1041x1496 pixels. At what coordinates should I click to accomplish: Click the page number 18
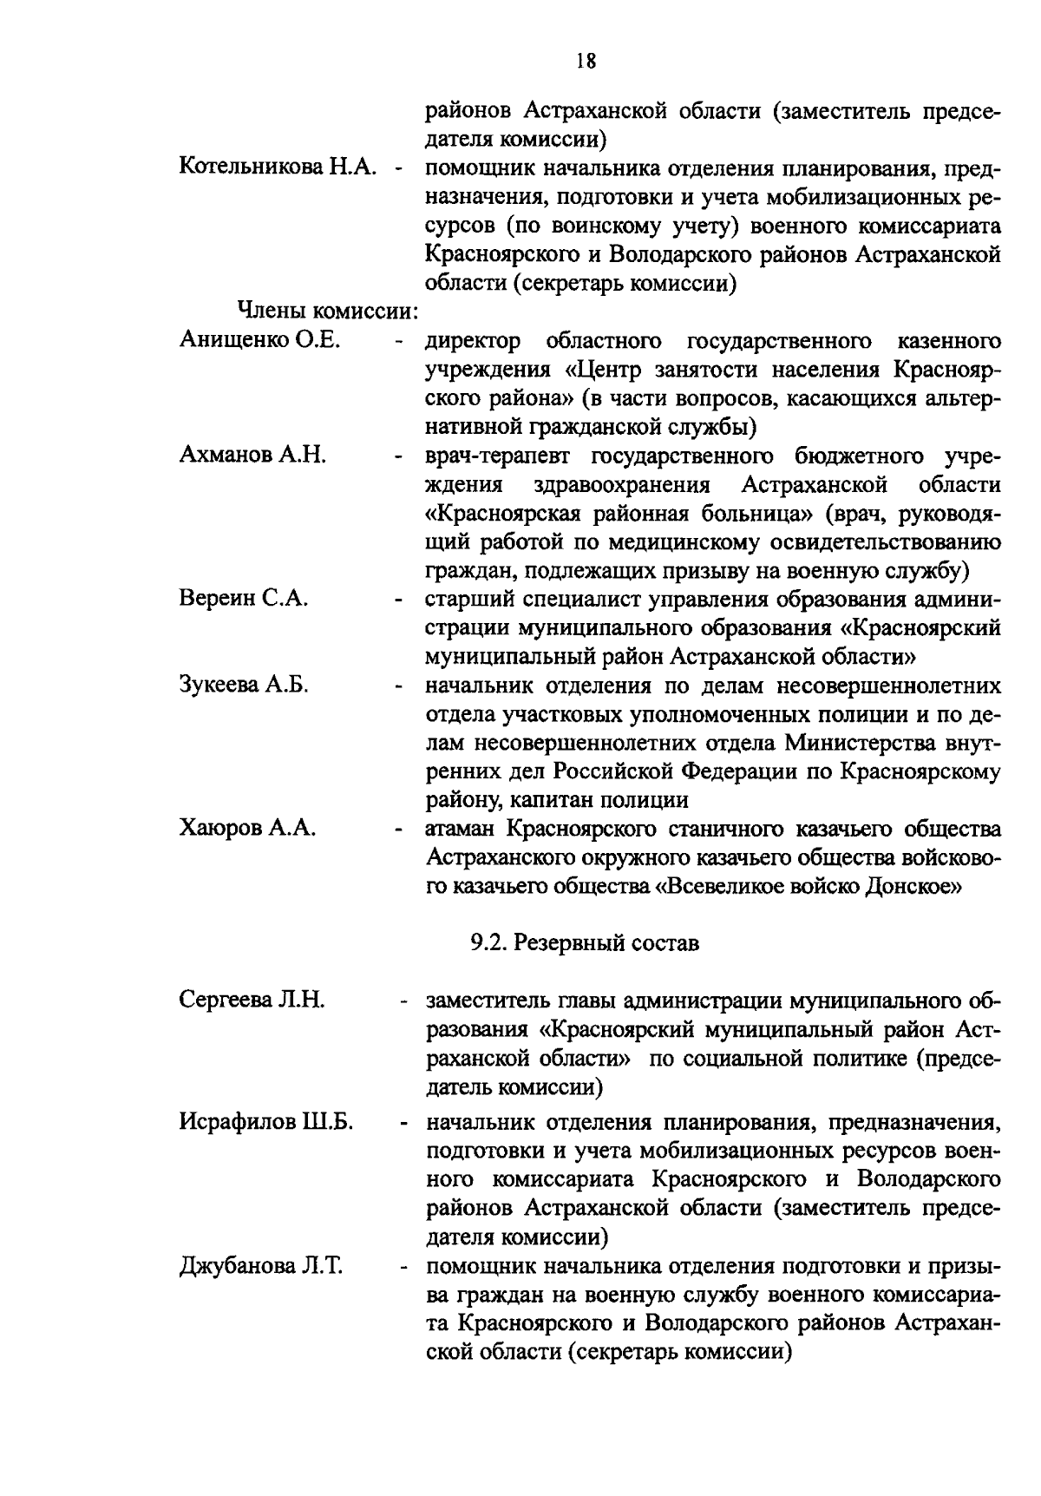pos(586,62)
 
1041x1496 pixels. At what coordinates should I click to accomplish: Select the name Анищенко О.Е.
pos(259,340)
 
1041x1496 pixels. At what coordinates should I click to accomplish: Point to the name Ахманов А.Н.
pos(252,456)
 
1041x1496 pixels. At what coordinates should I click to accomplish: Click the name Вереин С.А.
pos(244,600)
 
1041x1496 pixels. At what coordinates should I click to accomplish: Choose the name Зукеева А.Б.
pos(244,686)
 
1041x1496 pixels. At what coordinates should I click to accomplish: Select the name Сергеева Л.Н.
pos(252,1001)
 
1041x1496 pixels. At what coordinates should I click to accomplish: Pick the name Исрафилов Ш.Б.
pos(265,1123)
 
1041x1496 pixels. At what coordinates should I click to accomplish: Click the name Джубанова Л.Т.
pos(261,1267)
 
